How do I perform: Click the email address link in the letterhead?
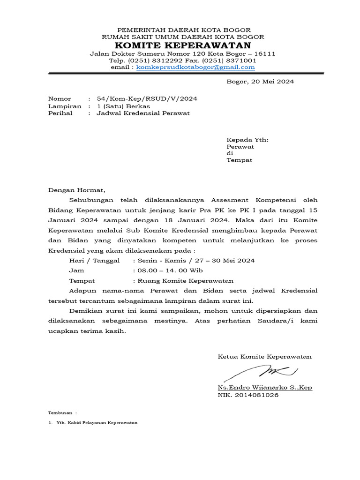[x=195, y=67]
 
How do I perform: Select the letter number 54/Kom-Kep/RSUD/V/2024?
[x=147, y=98]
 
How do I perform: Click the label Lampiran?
[x=65, y=106]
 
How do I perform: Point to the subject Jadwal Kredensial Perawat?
[x=143, y=113]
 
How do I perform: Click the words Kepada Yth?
[x=247, y=140]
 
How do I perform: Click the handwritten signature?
[x=260, y=373]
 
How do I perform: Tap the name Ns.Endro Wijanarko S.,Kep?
[x=265, y=388]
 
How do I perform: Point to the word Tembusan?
[x=60, y=413]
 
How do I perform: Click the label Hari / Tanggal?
[x=94, y=260]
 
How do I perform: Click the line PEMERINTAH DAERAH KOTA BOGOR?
[x=183, y=30]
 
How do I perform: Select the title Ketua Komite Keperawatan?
[x=264, y=357]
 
